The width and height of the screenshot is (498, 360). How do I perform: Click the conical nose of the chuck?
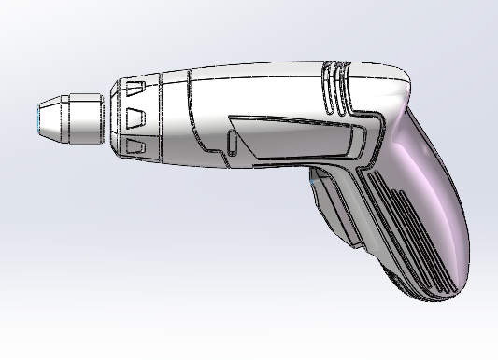(x=48, y=118)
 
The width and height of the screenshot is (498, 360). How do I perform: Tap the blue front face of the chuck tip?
(x=36, y=119)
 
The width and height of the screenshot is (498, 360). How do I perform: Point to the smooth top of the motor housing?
(x=262, y=79)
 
